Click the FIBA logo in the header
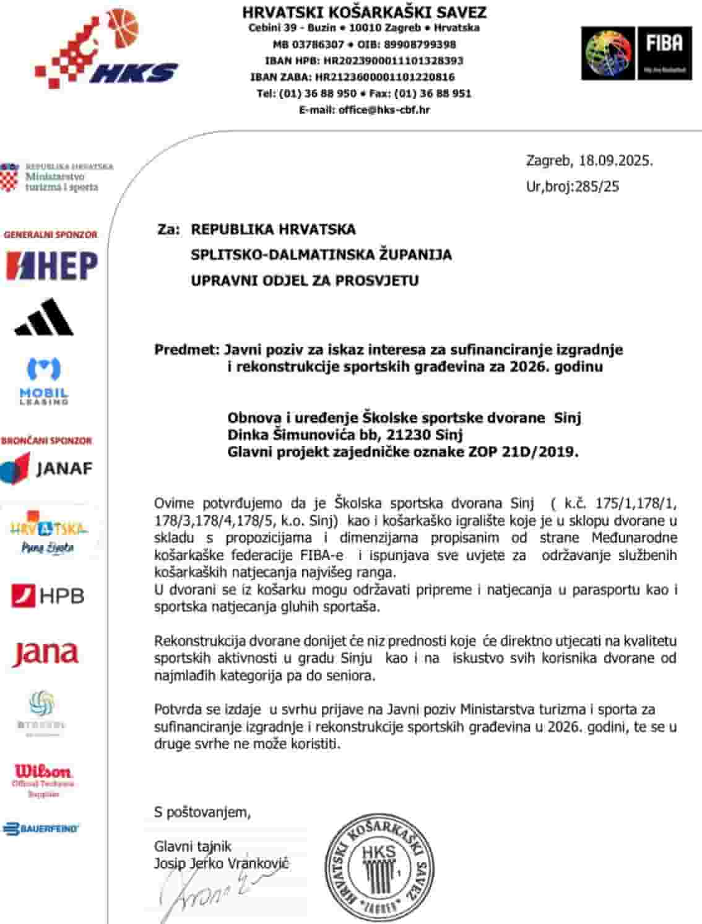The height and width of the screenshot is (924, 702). click(636, 53)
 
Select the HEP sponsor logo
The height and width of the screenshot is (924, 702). click(51, 266)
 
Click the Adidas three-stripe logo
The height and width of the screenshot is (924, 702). click(44, 317)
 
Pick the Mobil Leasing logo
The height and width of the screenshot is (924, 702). click(44, 380)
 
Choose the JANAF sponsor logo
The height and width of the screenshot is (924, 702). click(46, 468)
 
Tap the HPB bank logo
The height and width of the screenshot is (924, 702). click(48, 596)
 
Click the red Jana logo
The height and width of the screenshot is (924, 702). click(45, 654)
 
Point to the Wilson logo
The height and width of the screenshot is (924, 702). click(43, 778)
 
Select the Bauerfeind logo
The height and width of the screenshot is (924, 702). click(41, 829)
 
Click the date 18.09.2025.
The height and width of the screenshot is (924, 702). click(615, 161)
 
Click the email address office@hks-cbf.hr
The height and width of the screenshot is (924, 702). click(384, 110)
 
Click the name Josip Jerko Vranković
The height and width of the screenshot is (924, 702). click(221, 863)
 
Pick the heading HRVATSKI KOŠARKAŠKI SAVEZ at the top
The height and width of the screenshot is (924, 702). click(364, 12)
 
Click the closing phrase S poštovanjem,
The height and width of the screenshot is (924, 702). click(202, 812)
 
